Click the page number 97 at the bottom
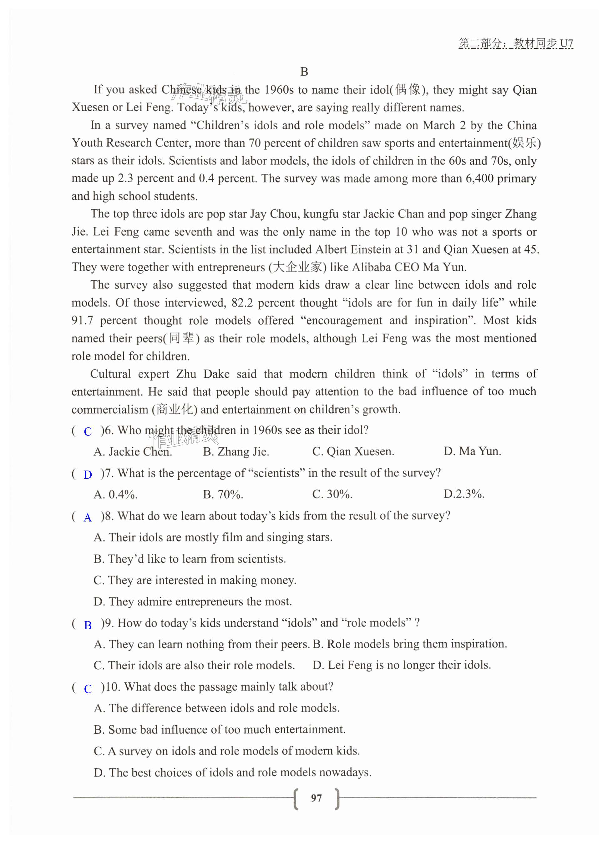tap(316, 798)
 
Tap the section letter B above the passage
tap(304, 72)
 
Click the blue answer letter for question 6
tap(88, 431)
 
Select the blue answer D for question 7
tap(88, 475)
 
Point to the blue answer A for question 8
tap(88, 518)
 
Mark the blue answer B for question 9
tap(88, 625)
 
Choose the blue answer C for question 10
tap(88, 689)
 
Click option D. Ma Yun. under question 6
tap(472, 451)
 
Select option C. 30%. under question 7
tap(332, 494)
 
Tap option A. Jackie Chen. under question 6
tap(133, 451)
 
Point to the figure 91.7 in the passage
tap(82, 320)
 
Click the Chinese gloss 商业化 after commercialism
tap(174, 410)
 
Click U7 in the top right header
tap(566, 43)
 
